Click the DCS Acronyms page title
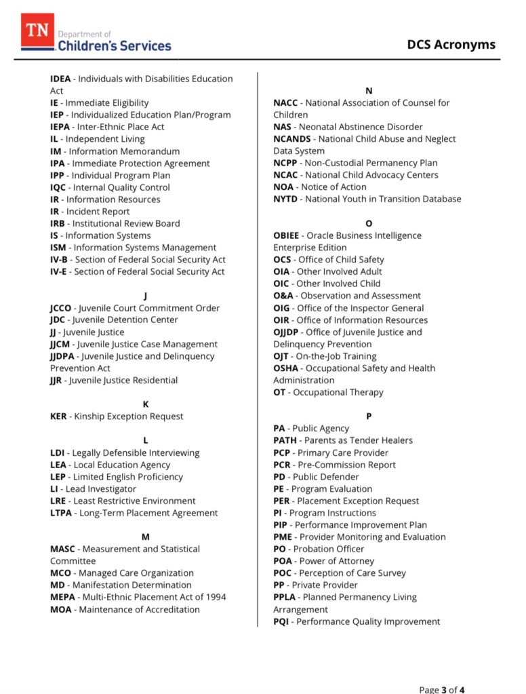coord(451,45)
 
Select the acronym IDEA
coord(60,79)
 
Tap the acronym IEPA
coord(60,127)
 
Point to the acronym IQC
coord(58,187)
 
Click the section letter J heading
coord(146,296)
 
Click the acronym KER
coord(58,416)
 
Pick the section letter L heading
coord(146,440)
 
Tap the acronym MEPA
coord(62,597)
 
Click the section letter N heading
coord(369,91)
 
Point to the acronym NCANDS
coord(293,139)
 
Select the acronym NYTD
coord(286,199)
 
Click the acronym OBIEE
coord(286,235)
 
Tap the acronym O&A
coord(284,296)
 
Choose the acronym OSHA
coord(285,368)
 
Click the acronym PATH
coord(285,440)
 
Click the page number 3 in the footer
coord(444,690)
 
